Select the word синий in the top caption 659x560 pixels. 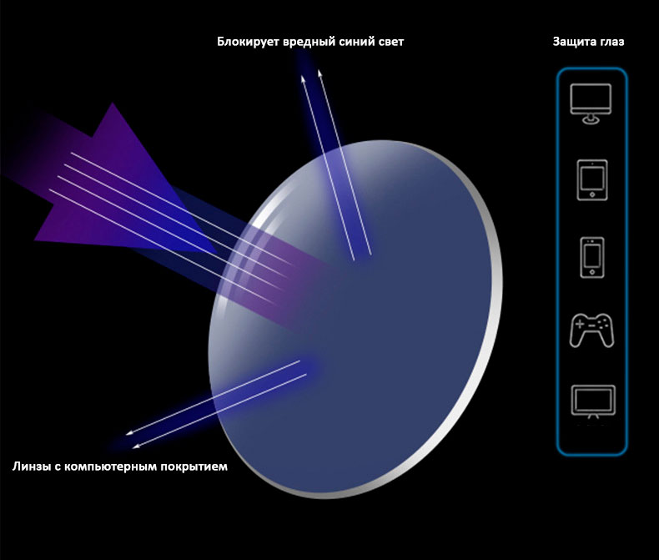click(x=354, y=42)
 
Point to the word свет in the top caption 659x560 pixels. click(x=390, y=43)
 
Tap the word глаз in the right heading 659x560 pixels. click(x=611, y=43)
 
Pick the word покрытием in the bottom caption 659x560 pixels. click(x=194, y=467)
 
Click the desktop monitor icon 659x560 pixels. click(x=591, y=103)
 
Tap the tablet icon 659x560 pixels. click(x=592, y=180)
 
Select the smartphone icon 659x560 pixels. click(x=592, y=257)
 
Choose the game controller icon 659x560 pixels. click(x=591, y=330)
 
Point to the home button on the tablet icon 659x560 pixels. click(x=592, y=194)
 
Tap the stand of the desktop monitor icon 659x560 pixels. click(x=591, y=119)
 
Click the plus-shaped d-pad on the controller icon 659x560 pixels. click(x=580, y=325)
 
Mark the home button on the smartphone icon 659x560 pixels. click(x=592, y=272)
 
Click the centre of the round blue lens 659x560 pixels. click(x=355, y=320)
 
